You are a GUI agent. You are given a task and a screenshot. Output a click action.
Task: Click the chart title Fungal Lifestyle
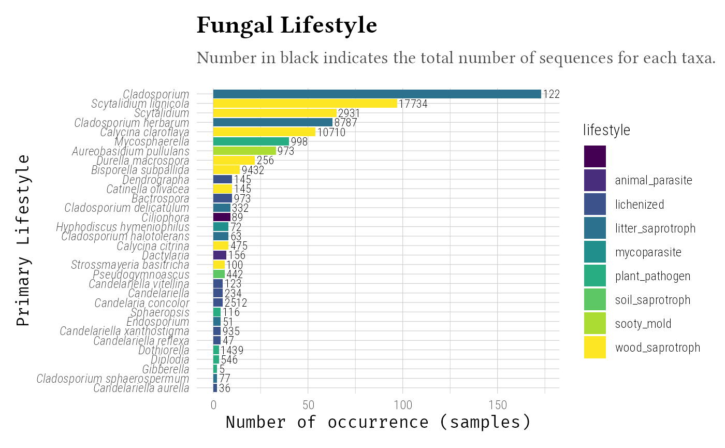point(286,26)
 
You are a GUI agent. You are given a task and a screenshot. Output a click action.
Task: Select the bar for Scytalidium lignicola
point(305,104)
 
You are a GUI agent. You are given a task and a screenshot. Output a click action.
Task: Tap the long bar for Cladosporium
point(377,94)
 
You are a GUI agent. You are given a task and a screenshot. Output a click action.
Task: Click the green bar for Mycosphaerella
point(251,141)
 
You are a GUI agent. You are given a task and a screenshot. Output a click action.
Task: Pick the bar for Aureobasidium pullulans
point(244,151)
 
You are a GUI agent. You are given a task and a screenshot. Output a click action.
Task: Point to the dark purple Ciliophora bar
point(222,218)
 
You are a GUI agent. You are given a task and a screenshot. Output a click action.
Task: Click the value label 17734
point(413,104)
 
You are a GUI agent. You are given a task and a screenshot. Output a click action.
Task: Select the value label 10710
point(331,133)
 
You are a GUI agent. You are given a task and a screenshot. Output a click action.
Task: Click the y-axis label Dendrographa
point(156,180)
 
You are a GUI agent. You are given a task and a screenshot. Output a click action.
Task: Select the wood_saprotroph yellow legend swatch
point(594,348)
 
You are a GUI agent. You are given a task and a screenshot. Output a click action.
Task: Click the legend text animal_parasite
point(654,181)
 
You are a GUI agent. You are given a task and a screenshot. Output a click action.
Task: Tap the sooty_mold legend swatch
point(594,324)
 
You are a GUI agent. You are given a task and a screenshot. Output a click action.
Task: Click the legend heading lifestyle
point(606,131)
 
